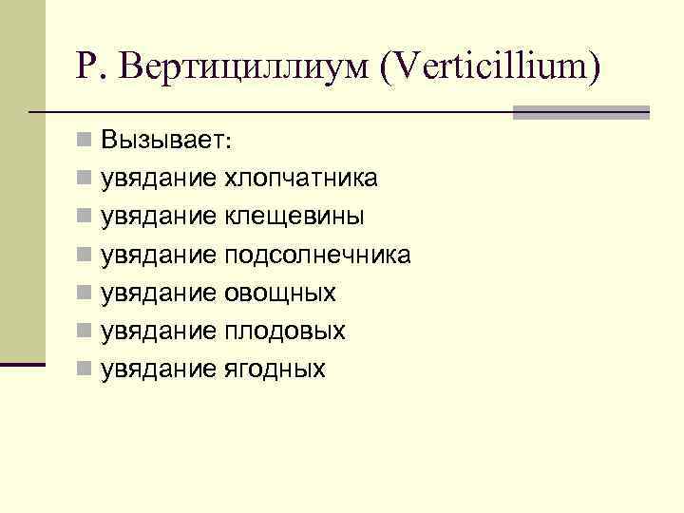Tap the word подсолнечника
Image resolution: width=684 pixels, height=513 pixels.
coord(318,255)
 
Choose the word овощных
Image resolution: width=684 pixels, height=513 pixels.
coord(280,293)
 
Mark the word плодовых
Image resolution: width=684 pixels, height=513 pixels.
coord(285,331)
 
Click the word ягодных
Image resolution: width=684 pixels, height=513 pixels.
coord(275,369)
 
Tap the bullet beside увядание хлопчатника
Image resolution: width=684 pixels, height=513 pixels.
coord(85,178)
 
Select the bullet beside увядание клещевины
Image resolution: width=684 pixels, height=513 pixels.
coord(85,216)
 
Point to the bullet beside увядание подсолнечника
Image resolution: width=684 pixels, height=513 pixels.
coord(85,254)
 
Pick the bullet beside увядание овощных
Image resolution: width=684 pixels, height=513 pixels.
coord(85,292)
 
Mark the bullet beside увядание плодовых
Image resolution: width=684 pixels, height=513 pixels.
coord(85,330)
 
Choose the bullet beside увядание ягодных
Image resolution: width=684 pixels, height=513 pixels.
coord(85,368)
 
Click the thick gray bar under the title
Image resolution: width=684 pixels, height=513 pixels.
coord(580,112)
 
